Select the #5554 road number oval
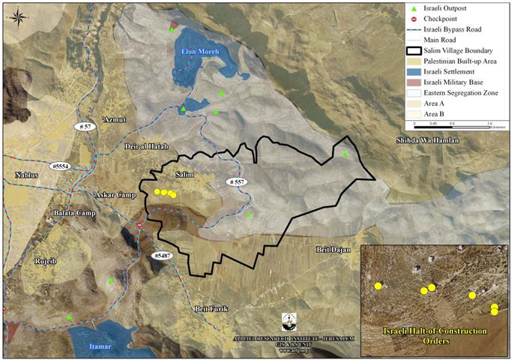(60, 166)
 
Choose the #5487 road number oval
(161, 256)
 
